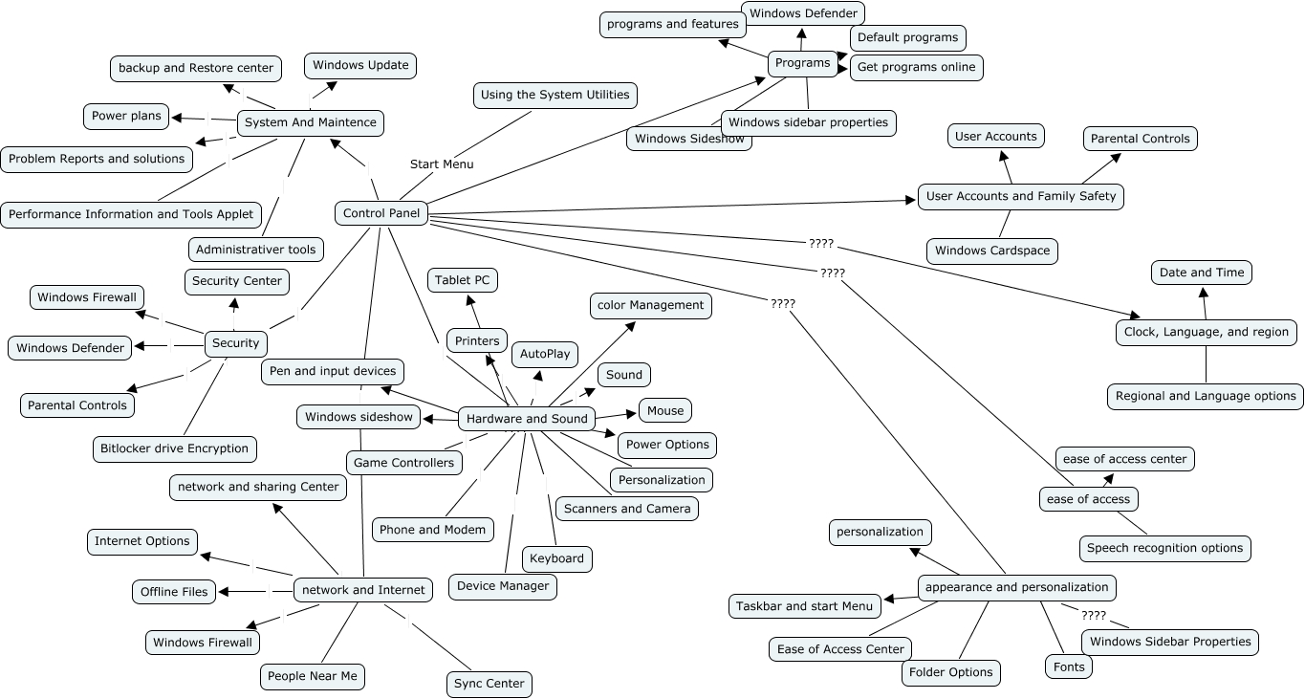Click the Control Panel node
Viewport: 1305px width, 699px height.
[x=381, y=213]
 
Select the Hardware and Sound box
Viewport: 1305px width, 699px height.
[x=527, y=419]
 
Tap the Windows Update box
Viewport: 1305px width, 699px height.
[x=360, y=66]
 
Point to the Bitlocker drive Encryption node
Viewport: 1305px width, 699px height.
[x=174, y=448]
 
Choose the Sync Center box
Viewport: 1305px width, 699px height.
[x=489, y=684]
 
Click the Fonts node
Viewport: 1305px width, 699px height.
[x=1069, y=666]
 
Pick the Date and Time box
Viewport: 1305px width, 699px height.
[x=1202, y=273]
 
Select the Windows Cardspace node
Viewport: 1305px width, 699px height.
[x=992, y=251]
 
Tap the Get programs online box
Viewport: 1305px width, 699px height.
[x=916, y=67]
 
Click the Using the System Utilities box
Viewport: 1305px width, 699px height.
[x=555, y=95]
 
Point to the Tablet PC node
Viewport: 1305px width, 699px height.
[x=462, y=280]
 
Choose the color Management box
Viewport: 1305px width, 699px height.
[x=650, y=305]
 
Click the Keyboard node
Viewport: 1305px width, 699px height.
[x=556, y=558]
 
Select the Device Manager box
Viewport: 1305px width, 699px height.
[x=503, y=586]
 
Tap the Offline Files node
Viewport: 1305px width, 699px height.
[x=174, y=592]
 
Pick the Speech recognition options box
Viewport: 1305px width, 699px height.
[x=1164, y=548]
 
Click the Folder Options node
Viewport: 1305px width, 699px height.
[x=950, y=672]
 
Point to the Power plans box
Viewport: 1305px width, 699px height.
[x=126, y=116]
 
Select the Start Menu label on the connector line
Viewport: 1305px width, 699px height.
[x=442, y=164]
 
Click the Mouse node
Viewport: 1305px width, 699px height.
[x=665, y=411]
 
